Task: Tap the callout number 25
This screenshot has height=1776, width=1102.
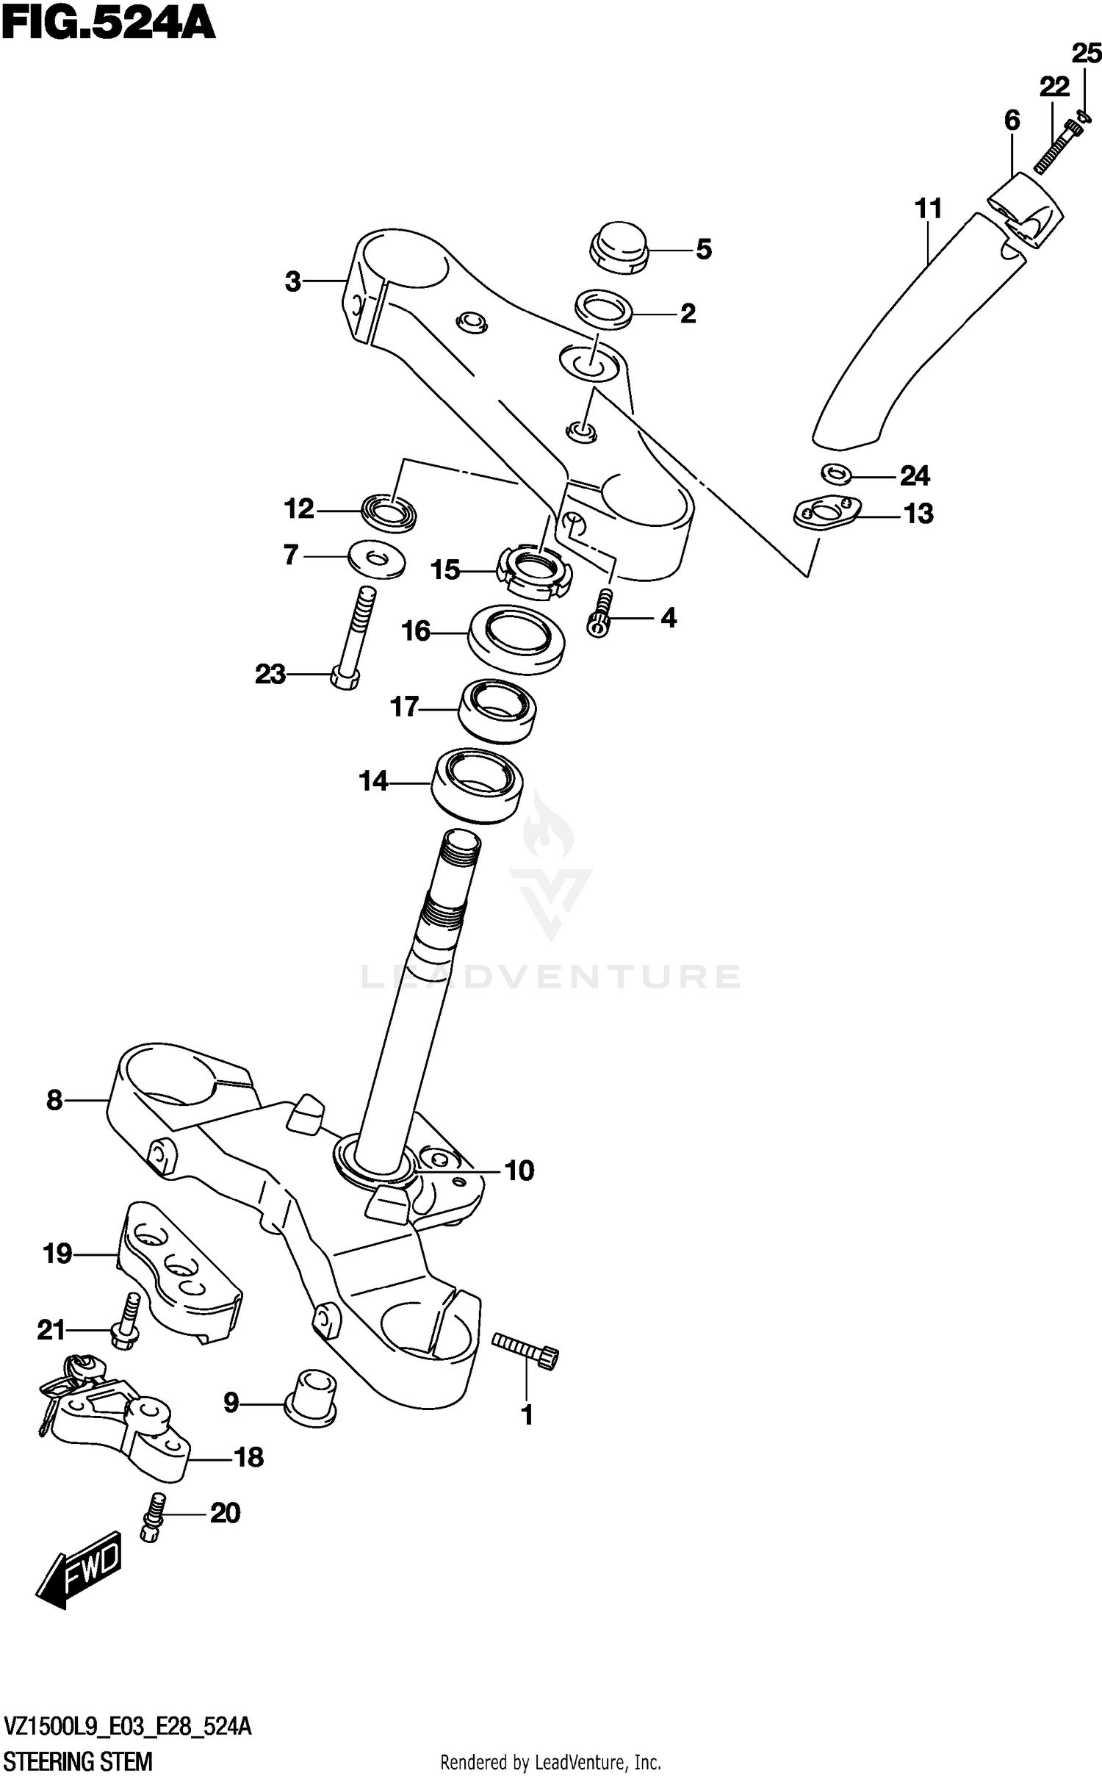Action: [1086, 54]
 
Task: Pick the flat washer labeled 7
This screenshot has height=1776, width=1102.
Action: [377, 561]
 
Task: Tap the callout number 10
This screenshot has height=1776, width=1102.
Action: [519, 1171]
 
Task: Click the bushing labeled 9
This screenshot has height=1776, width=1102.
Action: [311, 1397]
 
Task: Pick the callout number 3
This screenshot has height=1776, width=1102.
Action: [293, 281]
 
